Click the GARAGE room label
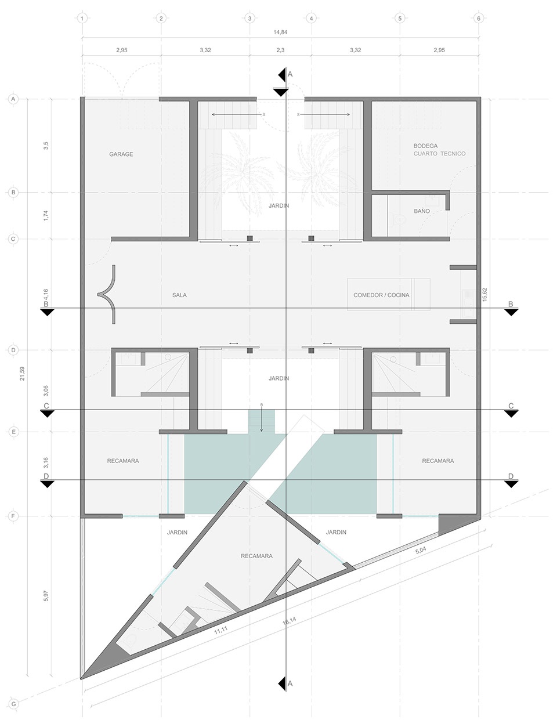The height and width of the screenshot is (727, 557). (121, 154)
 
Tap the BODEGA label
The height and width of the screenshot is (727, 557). (425, 146)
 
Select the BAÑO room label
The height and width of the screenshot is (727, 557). (422, 211)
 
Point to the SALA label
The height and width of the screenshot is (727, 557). (180, 295)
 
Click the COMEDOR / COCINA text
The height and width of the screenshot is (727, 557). (381, 295)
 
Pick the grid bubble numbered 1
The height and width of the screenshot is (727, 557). (82, 19)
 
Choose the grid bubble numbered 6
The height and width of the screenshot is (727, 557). (479, 19)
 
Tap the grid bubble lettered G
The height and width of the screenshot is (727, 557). (14, 704)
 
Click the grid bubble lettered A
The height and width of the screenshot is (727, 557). (13, 99)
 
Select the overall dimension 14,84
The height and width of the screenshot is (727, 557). (280, 32)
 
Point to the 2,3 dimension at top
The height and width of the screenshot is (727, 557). (280, 50)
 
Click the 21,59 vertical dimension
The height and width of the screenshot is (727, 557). (23, 374)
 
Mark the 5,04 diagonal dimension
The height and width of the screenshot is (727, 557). (421, 551)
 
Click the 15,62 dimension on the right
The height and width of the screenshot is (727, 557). (484, 295)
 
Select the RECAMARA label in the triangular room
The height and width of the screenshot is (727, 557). (256, 556)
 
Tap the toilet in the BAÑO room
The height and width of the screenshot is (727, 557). (398, 220)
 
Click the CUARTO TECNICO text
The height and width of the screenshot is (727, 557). (440, 154)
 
